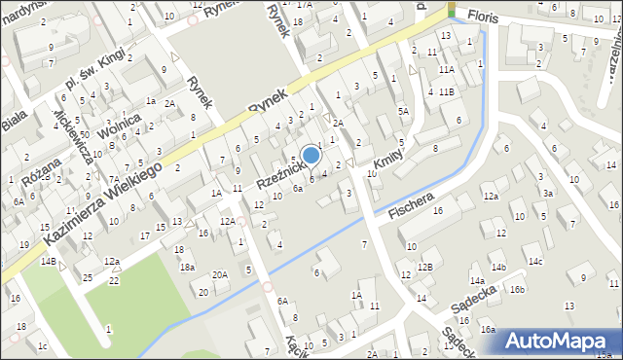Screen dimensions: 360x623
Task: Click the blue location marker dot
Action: coord(311,155)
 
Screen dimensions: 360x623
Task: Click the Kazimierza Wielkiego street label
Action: coord(102,203)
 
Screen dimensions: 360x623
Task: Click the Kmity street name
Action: coord(386,154)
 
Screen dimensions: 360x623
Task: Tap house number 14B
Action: coord(48,262)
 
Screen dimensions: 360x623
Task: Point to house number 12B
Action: coord(424,267)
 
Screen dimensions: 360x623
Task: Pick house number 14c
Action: coord(535,262)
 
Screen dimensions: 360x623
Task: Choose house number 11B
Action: coord(446,91)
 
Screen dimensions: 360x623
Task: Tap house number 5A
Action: coord(403,112)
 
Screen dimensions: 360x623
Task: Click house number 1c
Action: coord(41,345)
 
